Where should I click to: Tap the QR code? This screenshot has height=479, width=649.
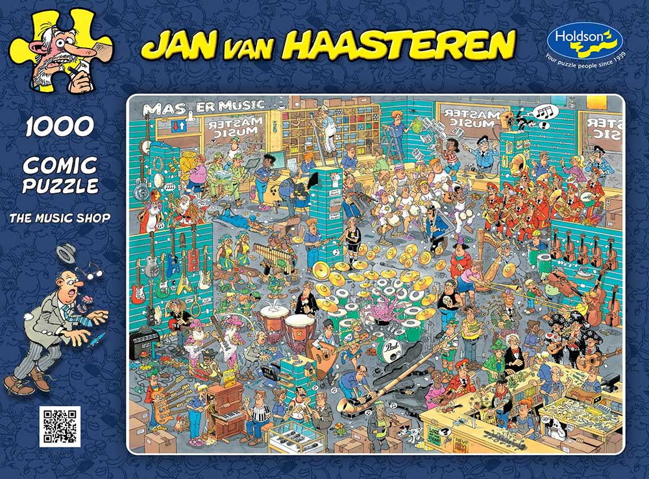[60, 426]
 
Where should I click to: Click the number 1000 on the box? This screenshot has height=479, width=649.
[60, 127]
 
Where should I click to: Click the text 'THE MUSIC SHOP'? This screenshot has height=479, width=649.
[60, 217]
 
